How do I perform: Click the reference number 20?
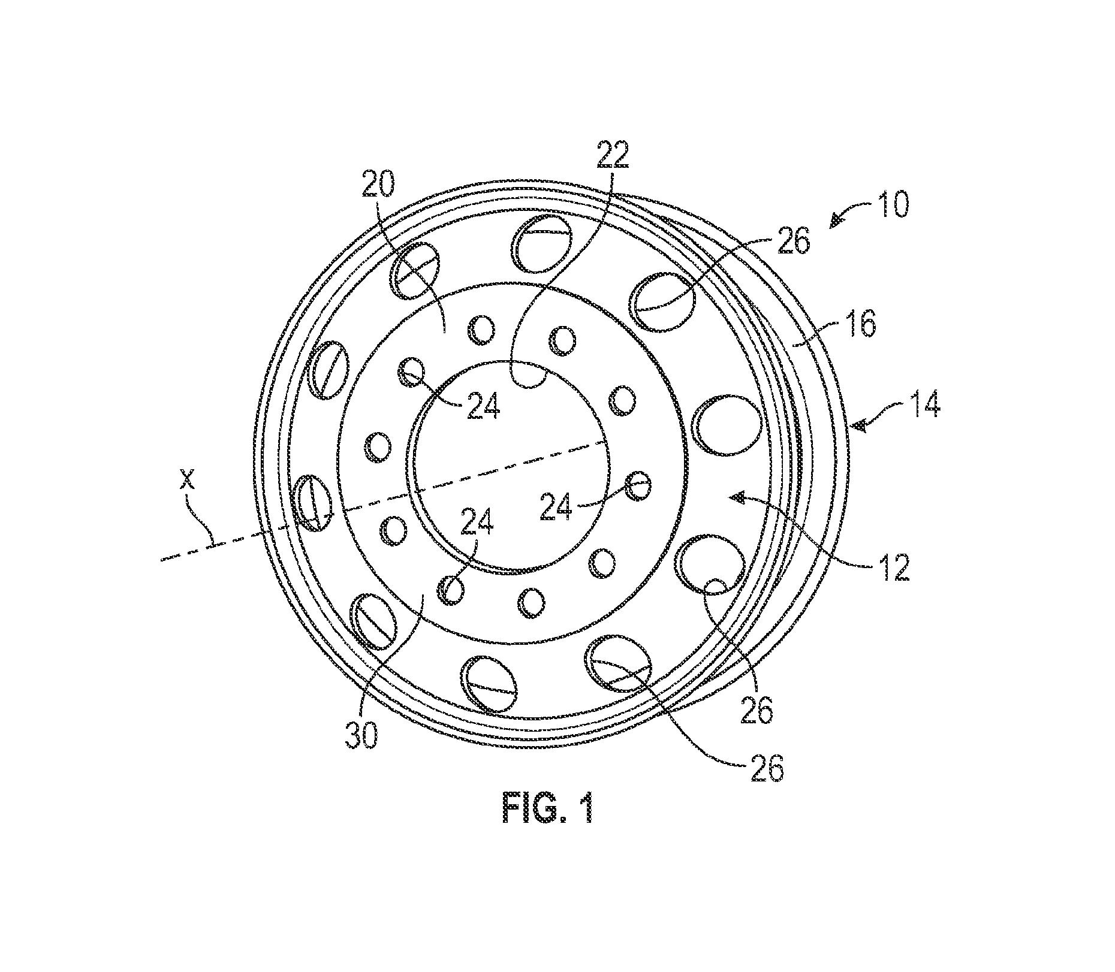tap(378, 188)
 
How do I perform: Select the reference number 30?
tap(363, 736)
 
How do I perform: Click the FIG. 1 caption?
tap(547, 808)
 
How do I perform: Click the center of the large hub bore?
tap(508, 466)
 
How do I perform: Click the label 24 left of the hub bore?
tap(481, 409)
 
